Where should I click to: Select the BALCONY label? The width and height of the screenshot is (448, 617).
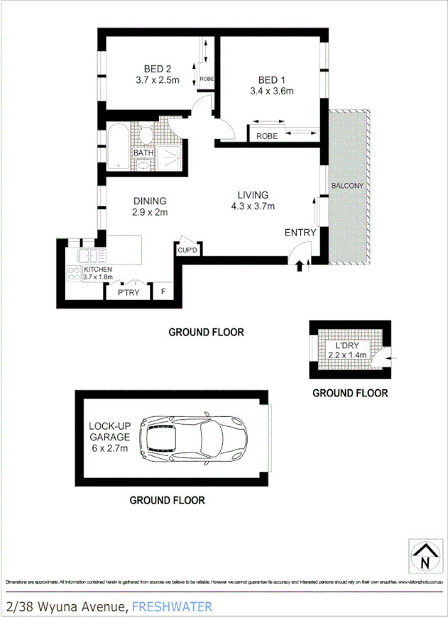(347, 187)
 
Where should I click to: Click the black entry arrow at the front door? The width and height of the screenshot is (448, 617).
(299, 266)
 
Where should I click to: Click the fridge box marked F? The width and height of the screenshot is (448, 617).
(163, 291)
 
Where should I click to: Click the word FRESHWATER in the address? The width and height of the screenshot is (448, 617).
(172, 606)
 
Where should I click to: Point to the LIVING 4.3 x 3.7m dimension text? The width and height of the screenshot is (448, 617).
(252, 206)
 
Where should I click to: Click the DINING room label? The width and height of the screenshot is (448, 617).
(149, 201)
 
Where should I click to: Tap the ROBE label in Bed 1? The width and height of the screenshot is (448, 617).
(267, 135)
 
